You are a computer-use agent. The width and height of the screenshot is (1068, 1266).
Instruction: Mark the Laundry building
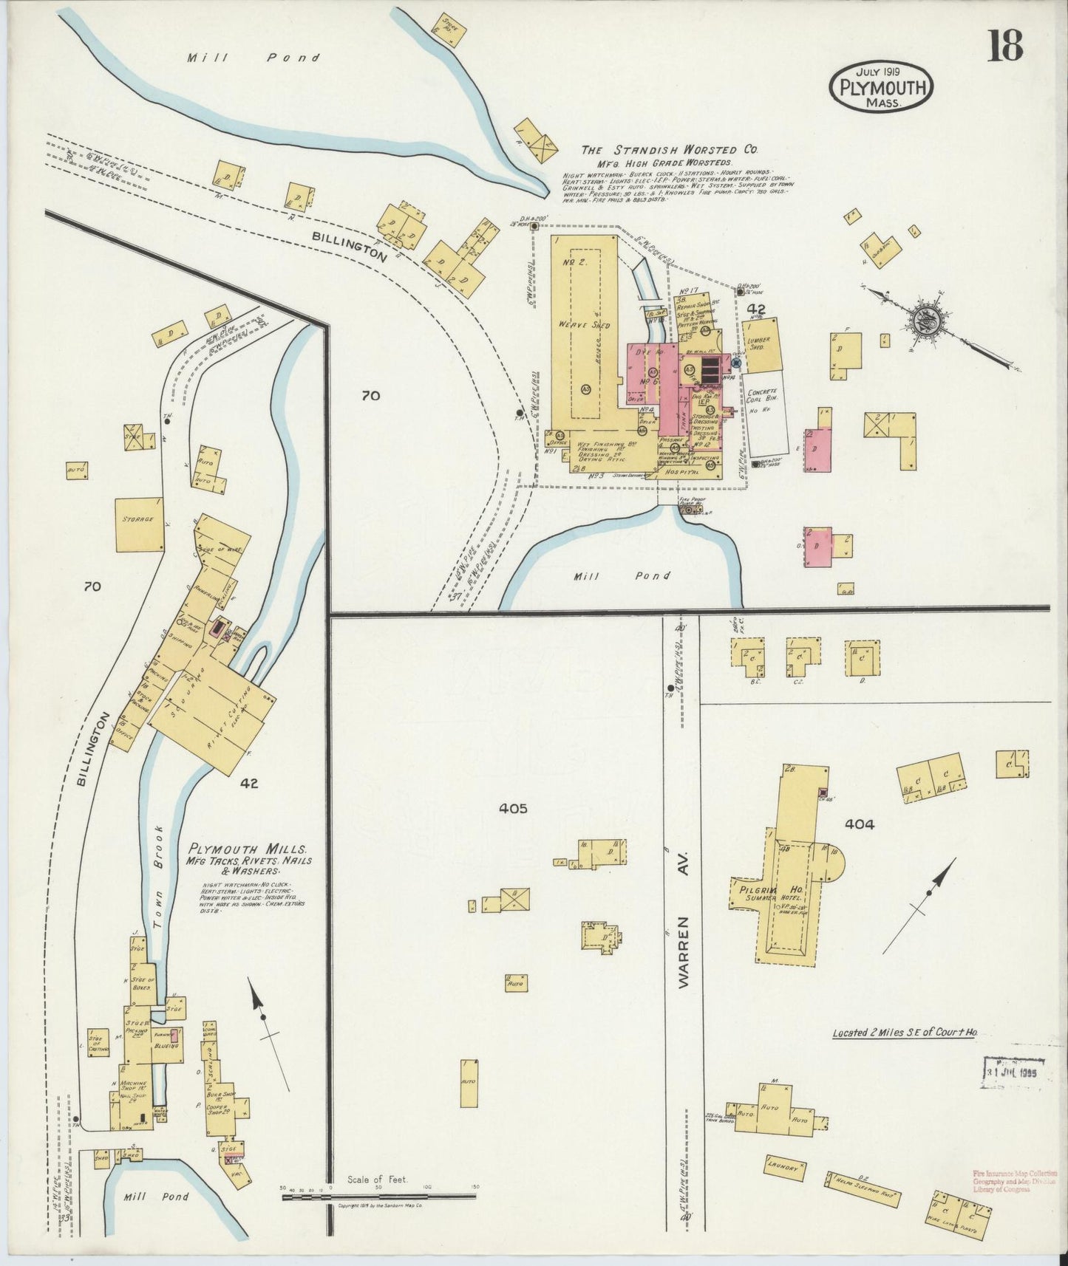(784, 1168)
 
